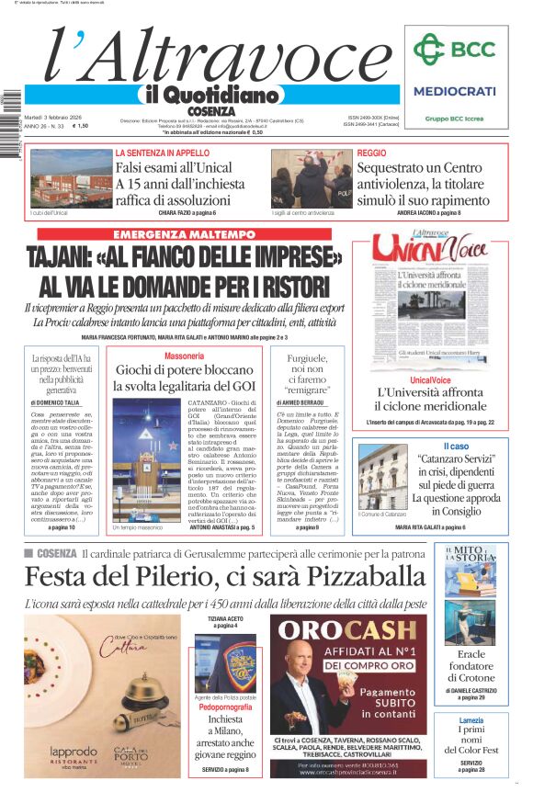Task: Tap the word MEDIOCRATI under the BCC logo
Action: point(454,91)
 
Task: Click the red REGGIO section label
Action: point(371,153)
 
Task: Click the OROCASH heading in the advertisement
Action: point(348,630)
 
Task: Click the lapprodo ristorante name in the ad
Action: point(74,751)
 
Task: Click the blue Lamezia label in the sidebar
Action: point(471,720)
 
